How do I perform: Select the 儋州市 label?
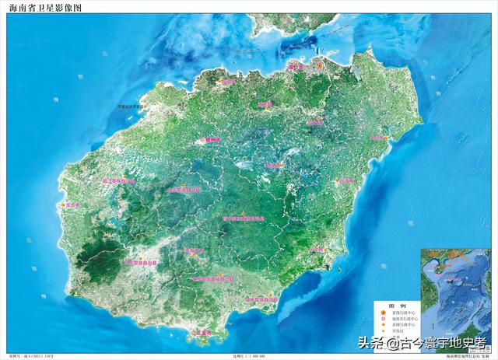click(x=212, y=139)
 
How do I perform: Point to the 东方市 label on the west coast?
click(x=73, y=205)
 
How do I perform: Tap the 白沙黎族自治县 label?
click(x=184, y=189)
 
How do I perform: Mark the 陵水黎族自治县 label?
click(x=261, y=299)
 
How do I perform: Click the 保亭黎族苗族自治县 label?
click(x=212, y=278)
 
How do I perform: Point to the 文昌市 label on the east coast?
click(x=377, y=138)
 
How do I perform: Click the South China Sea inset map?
click(x=454, y=299)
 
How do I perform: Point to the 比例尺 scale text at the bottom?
click(x=249, y=356)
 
